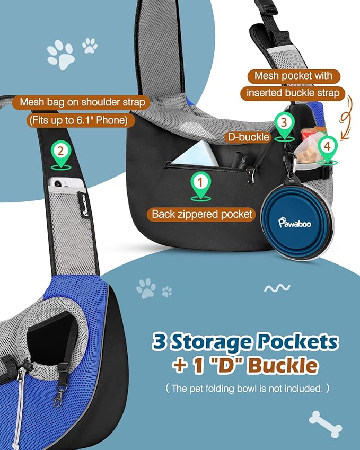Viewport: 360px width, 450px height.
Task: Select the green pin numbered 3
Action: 284,126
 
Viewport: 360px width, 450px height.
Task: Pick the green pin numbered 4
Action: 328,150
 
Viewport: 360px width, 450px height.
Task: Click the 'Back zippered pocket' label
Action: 202,214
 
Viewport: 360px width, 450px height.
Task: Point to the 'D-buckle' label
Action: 248,137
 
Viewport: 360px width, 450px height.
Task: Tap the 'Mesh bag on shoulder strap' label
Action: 82,102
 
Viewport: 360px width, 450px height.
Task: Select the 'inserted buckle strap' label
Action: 293,93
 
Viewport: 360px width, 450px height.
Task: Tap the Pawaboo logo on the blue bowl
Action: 295,222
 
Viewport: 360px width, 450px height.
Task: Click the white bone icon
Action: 326,424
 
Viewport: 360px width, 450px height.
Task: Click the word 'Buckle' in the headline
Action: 283,366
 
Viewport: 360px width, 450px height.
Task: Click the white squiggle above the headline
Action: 277,288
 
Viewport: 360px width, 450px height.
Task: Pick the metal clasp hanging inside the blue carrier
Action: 58,396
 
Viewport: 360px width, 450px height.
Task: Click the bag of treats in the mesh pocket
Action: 307,150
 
